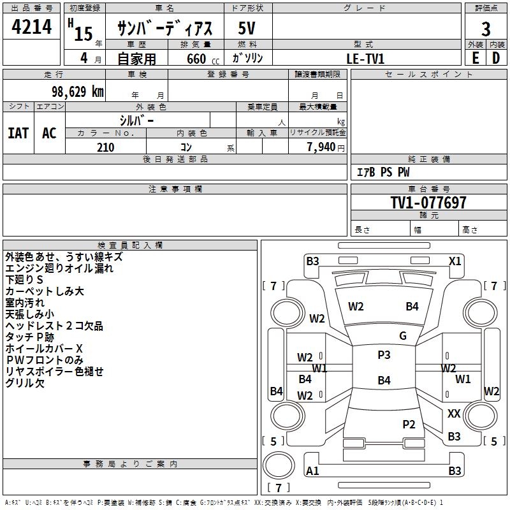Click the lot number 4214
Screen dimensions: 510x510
(x=31, y=27)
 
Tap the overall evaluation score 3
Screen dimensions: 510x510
(x=486, y=29)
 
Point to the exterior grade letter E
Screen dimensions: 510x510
(x=476, y=57)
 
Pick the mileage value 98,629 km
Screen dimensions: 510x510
(x=73, y=92)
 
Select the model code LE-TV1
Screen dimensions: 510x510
(x=366, y=58)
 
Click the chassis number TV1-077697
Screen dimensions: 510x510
(x=428, y=203)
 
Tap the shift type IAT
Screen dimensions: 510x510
(x=18, y=133)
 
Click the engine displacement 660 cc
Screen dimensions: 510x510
(x=195, y=59)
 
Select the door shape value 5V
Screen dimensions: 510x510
(x=247, y=29)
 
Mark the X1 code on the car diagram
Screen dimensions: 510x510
(x=455, y=261)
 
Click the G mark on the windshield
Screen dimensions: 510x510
(x=403, y=336)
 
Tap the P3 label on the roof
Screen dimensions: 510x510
(x=384, y=355)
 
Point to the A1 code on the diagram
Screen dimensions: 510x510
(x=312, y=471)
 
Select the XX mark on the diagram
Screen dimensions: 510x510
(x=454, y=414)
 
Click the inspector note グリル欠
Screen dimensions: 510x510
(x=25, y=383)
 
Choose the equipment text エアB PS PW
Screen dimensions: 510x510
(x=382, y=172)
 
